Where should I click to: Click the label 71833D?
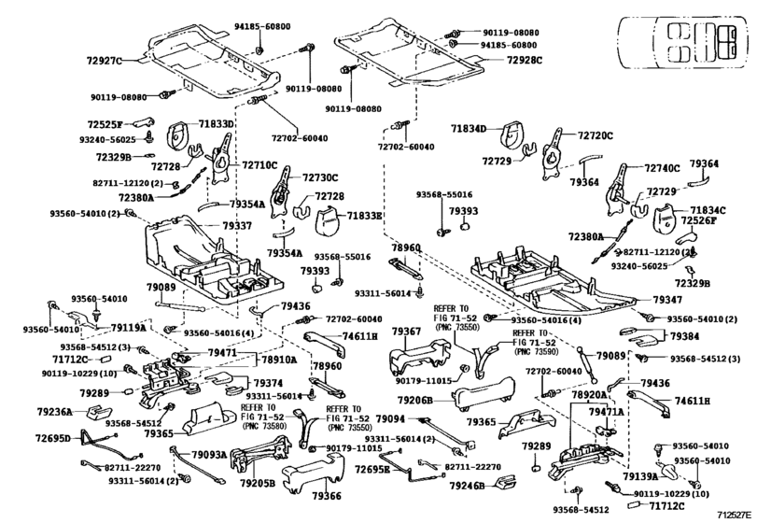[217, 123]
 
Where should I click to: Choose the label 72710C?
[260, 164]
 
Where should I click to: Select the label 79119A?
[128, 328]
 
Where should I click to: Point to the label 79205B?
[256, 483]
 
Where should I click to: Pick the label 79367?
[407, 332]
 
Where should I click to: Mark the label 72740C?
[662, 169]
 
